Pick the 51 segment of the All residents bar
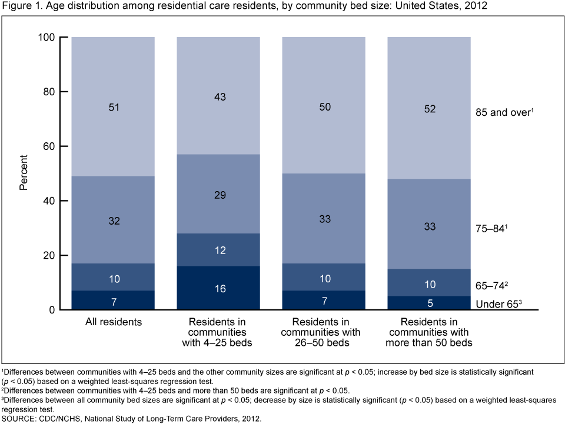pos(114,107)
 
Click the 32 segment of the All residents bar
pos(114,220)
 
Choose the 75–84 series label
pos(491,229)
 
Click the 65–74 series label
pos(491,286)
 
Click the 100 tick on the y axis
pos(46,38)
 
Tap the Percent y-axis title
pos(24,173)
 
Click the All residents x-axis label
pos(114,322)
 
